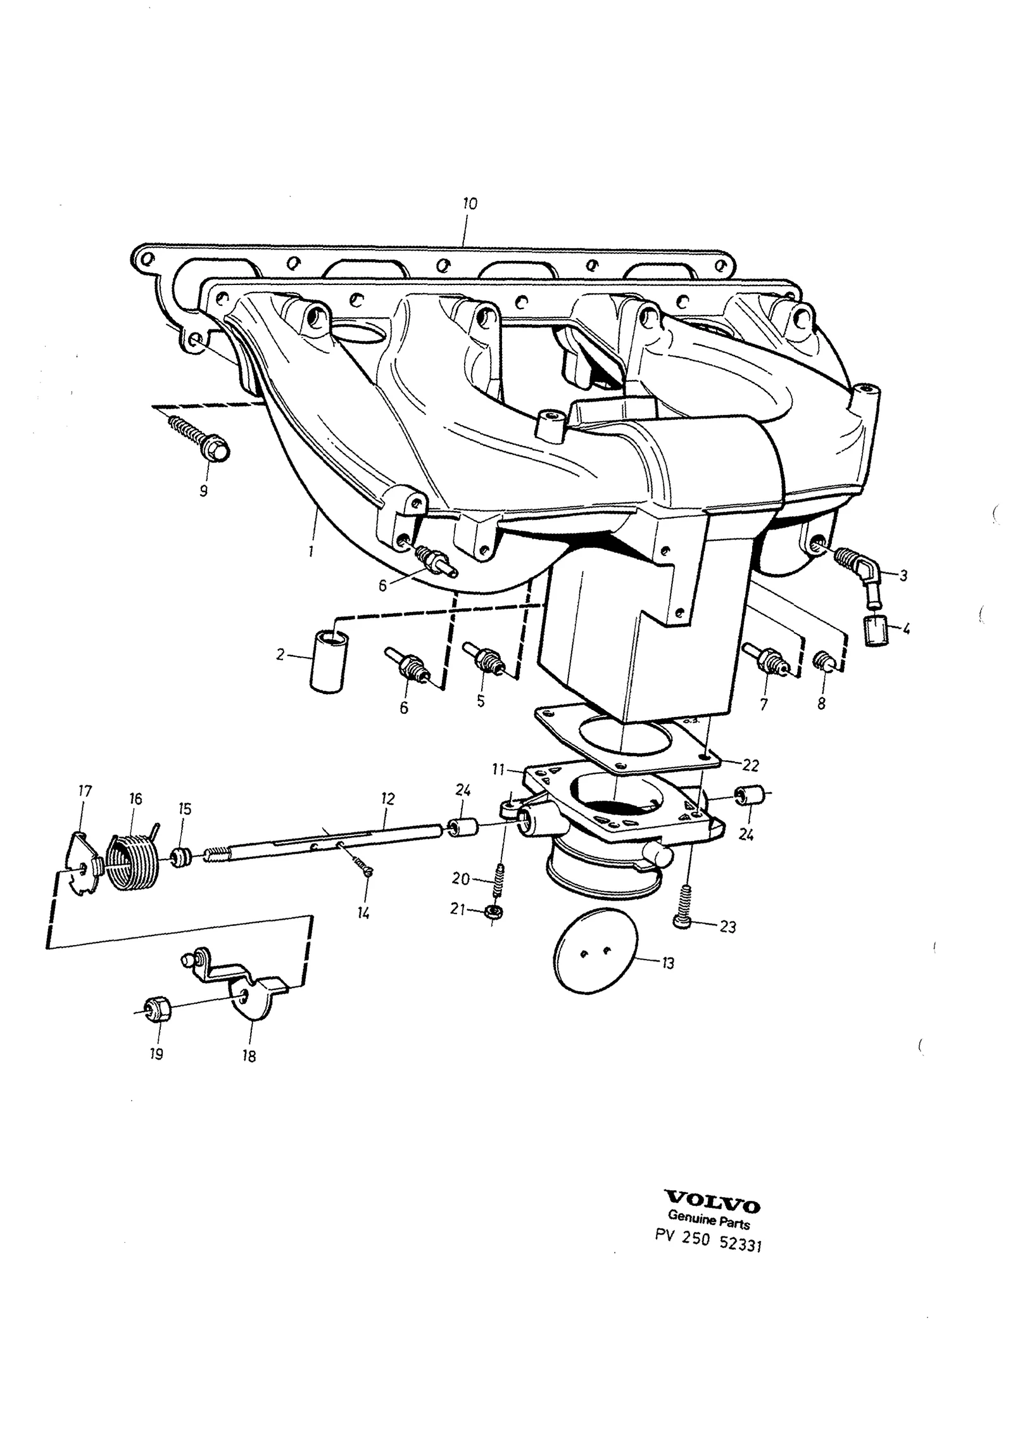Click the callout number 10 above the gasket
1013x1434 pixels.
pyautogui.click(x=469, y=204)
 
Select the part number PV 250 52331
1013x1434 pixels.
pyautogui.click(x=708, y=1241)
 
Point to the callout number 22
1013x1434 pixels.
pyautogui.click(x=750, y=765)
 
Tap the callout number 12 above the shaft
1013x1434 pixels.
pyautogui.click(x=388, y=799)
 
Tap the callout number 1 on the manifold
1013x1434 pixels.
pyautogui.click(x=311, y=552)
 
